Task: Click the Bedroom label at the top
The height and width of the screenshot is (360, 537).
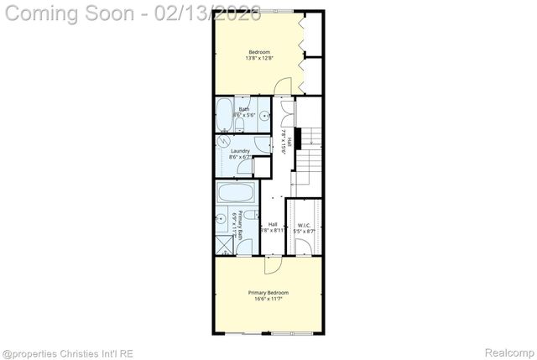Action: tap(258, 51)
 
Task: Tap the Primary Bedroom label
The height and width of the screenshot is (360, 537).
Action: tap(268, 292)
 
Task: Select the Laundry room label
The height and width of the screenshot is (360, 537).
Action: tap(241, 151)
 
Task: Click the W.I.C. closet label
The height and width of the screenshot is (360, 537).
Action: tap(304, 225)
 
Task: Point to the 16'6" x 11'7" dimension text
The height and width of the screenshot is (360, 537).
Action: tap(268, 299)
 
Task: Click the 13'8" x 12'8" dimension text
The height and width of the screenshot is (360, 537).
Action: tap(258, 58)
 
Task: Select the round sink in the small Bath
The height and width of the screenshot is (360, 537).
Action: tap(263, 117)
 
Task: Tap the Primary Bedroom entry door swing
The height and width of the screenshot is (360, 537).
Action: tap(274, 264)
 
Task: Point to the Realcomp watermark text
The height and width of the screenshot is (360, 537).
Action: tap(507, 352)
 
